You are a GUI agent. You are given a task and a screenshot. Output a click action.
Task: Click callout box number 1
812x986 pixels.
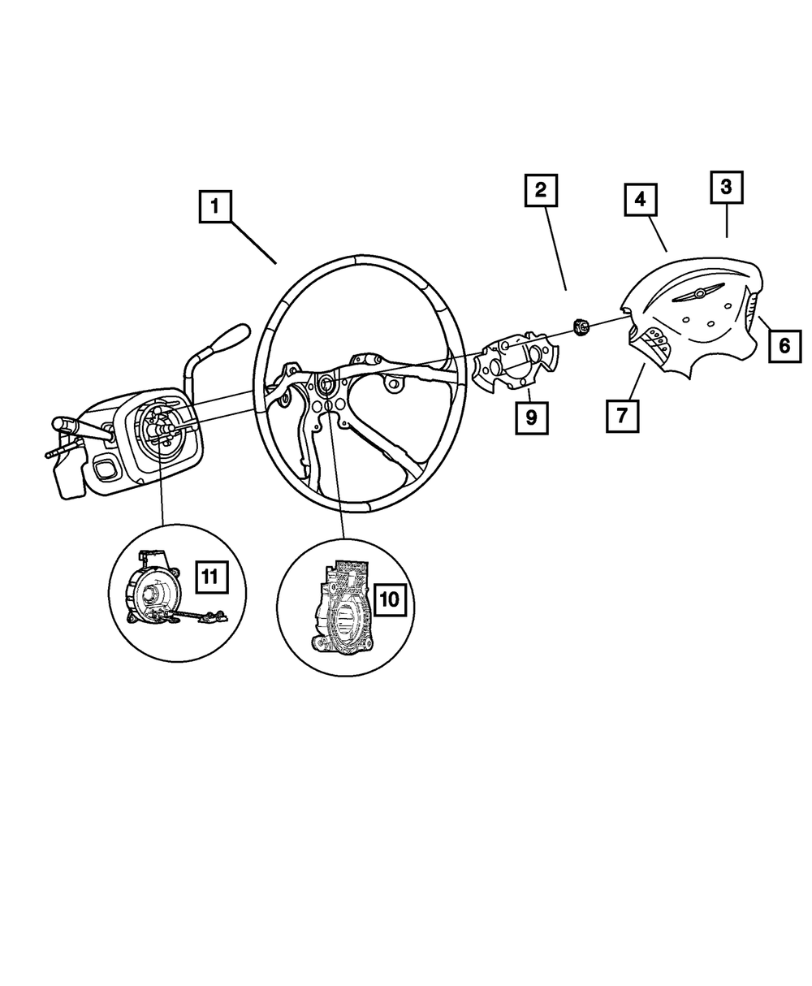(x=215, y=206)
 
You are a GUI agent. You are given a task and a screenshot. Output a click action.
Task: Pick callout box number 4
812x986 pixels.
(x=640, y=198)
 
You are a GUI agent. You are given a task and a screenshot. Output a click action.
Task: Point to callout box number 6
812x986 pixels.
(x=784, y=346)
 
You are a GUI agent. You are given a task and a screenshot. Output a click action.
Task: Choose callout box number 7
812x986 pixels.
(x=621, y=415)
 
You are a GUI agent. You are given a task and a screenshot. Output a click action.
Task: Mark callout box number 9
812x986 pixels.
(x=531, y=417)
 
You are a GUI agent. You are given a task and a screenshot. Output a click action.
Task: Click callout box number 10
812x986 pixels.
(x=389, y=599)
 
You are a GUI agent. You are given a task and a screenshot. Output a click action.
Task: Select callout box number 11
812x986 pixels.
(x=209, y=577)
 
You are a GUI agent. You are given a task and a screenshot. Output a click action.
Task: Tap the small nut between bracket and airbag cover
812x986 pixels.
(x=581, y=327)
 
